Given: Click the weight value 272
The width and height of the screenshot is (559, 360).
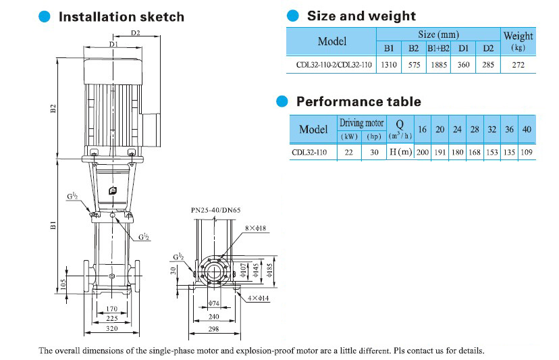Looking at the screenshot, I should coord(518,65).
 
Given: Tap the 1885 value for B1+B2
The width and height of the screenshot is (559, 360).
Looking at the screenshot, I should coord(438,65).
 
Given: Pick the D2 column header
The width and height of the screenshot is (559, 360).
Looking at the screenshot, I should coord(488,49).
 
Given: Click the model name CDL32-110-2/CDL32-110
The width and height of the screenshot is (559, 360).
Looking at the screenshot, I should coord(334,65).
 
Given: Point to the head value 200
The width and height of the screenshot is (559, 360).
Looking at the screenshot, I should coord(423,153).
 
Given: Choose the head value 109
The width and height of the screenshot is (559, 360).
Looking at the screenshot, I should coord(527,153).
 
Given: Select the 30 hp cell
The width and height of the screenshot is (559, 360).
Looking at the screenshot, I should coord(374,153).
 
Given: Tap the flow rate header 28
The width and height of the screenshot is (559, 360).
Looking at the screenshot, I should coord(475,130).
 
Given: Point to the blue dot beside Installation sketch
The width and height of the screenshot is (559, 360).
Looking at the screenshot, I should coord(45,16).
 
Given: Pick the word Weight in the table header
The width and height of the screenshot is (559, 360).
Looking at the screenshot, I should coord(518,36).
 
